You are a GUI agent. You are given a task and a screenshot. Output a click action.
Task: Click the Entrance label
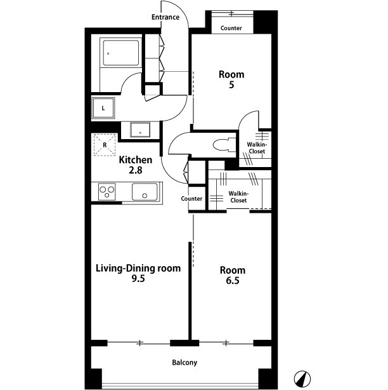click(x=165, y=17)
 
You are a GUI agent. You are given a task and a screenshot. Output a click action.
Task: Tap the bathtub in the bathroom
click(x=121, y=53)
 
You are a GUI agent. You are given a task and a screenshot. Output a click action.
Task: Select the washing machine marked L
click(x=103, y=108)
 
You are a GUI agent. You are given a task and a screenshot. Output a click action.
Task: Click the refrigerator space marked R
click(x=105, y=145)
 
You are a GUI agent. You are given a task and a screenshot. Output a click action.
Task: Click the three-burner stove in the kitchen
click(x=107, y=192)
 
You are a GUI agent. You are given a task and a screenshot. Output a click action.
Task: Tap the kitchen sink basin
click(x=145, y=192)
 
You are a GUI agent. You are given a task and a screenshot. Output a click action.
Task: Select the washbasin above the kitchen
click(x=140, y=130)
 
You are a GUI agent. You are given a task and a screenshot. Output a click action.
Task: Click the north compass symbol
click(x=302, y=379)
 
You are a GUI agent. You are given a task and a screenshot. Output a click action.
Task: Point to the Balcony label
click(x=184, y=363)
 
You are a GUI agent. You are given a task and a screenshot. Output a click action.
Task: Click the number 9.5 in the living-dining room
click(x=138, y=279)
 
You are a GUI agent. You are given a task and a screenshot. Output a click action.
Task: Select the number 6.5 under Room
click(x=233, y=281)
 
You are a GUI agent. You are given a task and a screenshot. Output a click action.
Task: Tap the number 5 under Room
click(x=231, y=85)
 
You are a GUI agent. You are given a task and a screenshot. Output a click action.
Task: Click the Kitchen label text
click(x=136, y=160)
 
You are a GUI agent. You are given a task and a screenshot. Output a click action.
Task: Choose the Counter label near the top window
click(x=231, y=28)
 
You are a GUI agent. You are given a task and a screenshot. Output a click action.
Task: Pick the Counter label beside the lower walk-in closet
click(x=191, y=198)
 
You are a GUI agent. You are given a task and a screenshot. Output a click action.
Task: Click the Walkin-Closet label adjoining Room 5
click(x=257, y=148)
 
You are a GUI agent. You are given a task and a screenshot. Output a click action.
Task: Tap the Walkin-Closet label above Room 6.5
click(x=238, y=197)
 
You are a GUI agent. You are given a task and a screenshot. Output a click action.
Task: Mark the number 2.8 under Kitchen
click(x=136, y=170)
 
